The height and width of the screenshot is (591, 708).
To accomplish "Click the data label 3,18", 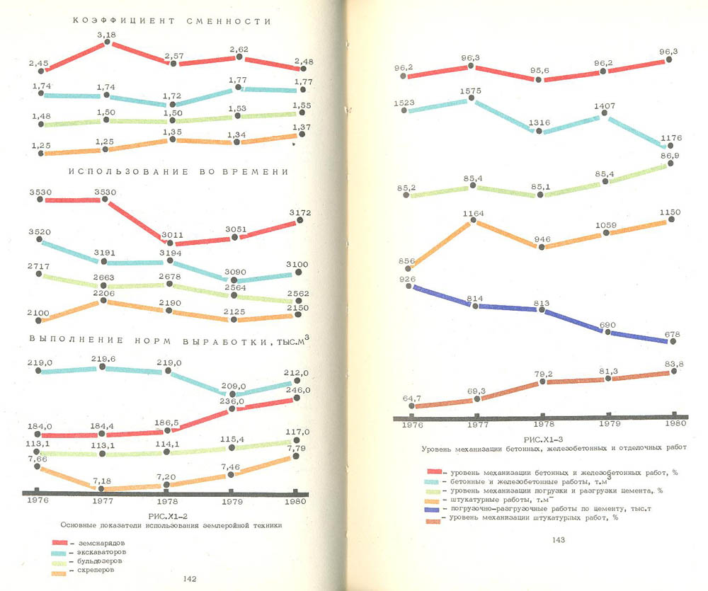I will tap(107, 34).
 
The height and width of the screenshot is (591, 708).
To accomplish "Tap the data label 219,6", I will tap(103, 359).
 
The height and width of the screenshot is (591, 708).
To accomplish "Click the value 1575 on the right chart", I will tap(469, 91).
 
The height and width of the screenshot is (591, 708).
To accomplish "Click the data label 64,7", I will tap(413, 398).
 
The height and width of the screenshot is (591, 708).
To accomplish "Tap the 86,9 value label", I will tap(668, 155).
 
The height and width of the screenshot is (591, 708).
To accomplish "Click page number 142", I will tap(190, 579).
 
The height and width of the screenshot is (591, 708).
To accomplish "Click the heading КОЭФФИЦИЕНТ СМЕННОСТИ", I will tap(172, 21).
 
